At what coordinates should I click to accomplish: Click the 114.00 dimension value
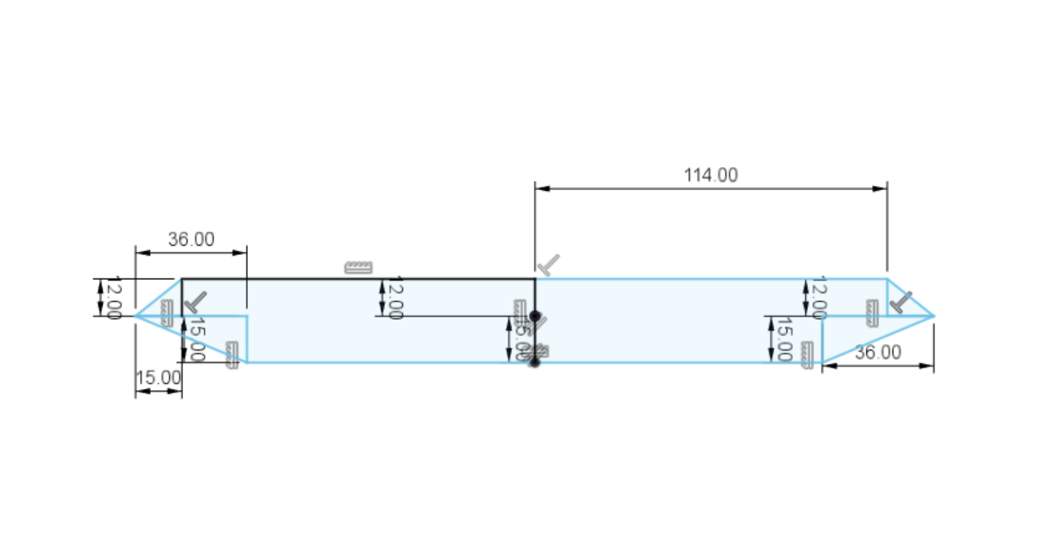coord(710,175)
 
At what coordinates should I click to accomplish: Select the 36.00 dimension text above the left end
coord(191,240)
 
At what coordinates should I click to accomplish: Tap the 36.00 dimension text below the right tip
coord(878,352)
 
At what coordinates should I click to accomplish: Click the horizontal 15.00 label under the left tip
coord(158,378)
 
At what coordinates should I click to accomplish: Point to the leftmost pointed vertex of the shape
coord(136,315)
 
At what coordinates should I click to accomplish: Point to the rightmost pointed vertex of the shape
coord(933,315)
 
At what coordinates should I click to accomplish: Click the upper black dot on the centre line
coord(535,315)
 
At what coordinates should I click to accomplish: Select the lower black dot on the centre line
coord(535,362)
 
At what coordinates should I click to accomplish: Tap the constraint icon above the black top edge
coord(358,268)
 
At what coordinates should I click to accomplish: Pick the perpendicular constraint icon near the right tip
coord(901,302)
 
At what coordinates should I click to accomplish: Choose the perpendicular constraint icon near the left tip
coord(195,302)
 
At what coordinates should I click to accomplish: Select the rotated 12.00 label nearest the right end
coord(819,297)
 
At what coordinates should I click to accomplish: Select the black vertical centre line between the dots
coord(535,339)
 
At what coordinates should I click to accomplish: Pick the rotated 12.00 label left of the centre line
coord(397,297)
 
